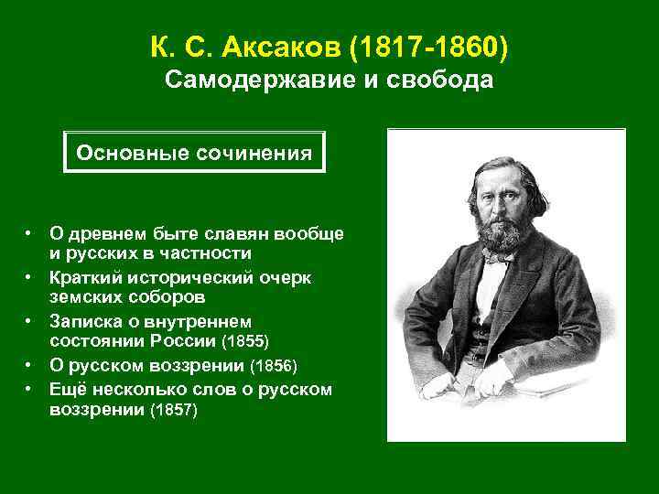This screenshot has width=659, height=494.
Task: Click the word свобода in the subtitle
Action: click(443, 81)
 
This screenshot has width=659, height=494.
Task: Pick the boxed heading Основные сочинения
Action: click(195, 152)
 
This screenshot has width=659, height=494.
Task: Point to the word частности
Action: click(202, 252)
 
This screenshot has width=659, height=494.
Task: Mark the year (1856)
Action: click(275, 367)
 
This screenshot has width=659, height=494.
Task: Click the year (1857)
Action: click(173, 411)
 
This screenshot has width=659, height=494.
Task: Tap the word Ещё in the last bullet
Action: click(67, 390)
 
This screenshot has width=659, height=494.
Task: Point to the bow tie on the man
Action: click(497, 259)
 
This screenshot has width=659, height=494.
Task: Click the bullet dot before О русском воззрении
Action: click(29, 367)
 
